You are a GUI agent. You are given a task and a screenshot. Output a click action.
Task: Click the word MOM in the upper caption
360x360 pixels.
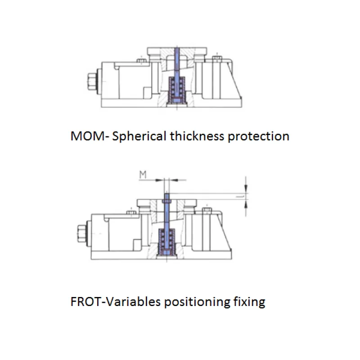point(87,136)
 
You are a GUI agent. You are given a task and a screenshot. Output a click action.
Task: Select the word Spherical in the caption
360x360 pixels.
point(139,136)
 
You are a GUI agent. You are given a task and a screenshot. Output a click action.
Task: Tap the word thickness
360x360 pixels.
point(197,136)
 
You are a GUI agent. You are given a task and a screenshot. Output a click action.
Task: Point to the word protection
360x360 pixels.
point(258,137)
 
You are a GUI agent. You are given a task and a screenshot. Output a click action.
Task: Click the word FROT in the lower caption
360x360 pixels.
point(85,301)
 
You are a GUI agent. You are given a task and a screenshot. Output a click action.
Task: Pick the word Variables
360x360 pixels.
point(133,301)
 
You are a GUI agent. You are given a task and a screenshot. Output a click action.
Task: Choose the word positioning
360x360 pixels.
point(197,302)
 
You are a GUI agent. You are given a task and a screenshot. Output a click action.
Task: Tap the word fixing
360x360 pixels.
point(250,302)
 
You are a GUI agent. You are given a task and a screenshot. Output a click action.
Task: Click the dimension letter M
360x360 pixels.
point(143,175)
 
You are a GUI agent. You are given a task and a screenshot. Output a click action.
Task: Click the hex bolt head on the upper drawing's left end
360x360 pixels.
point(92,81)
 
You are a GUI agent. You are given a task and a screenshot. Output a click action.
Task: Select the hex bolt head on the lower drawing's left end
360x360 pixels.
point(82,234)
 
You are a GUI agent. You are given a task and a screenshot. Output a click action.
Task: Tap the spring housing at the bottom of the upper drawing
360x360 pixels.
point(176,90)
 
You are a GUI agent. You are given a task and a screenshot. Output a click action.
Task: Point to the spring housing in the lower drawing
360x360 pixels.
point(166,242)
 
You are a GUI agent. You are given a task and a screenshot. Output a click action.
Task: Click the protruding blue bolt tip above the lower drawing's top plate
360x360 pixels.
point(167,197)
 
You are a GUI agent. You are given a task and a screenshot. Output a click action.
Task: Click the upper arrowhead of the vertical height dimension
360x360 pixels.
point(246,189)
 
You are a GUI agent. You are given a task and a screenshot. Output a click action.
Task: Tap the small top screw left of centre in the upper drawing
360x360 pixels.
point(142,60)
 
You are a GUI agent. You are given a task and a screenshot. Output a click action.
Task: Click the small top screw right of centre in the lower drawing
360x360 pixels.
point(207,210)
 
